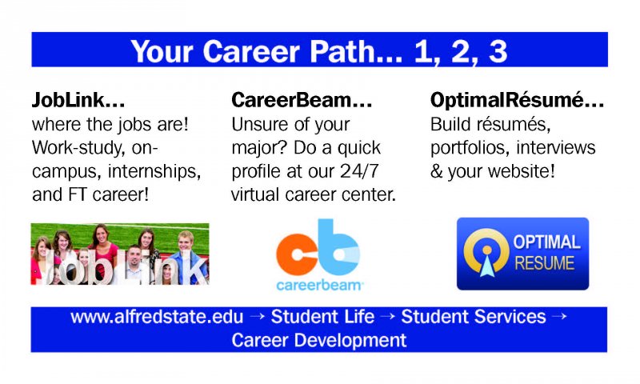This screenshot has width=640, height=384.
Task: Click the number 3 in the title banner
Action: [498, 51]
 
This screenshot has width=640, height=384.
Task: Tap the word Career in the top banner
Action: [251, 51]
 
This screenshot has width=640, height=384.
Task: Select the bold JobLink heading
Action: [78, 100]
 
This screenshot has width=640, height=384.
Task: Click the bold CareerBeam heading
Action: [302, 100]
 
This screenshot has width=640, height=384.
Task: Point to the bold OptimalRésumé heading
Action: [517, 100]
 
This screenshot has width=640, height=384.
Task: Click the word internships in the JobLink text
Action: [154, 171]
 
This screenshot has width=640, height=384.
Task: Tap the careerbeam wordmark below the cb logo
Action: [319, 285]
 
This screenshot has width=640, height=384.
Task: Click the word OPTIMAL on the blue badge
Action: [546, 242]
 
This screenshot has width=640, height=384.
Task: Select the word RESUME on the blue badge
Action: [545, 263]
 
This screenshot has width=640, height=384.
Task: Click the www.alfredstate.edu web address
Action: [157, 317]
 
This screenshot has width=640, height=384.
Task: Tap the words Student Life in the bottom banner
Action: [322, 317]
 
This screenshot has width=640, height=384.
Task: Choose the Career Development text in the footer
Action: [318, 340]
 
